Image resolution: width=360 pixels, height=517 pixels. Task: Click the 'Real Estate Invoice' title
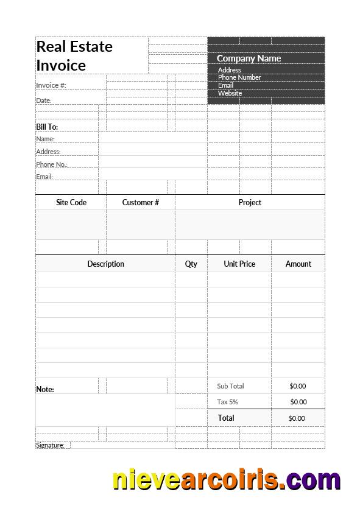(x=74, y=55)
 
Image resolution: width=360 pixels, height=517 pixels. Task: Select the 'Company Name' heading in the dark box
(x=249, y=58)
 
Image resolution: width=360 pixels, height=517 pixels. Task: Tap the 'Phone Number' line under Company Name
(x=239, y=77)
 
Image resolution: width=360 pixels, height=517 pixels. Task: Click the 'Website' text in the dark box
(x=230, y=93)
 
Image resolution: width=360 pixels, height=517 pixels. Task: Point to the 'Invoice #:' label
(x=51, y=85)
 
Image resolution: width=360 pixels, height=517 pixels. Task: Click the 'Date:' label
(x=44, y=100)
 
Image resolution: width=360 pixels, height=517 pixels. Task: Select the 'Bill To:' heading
(x=48, y=127)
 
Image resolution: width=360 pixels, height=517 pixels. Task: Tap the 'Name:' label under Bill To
(x=45, y=139)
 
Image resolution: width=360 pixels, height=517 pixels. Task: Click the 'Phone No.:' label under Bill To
(x=51, y=164)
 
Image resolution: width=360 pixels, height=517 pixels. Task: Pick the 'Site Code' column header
(x=71, y=202)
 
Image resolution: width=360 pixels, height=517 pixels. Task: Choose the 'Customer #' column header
(x=141, y=202)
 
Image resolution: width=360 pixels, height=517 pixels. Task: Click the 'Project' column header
(x=250, y=202)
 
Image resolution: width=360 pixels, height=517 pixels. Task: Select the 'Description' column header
(x=105, y=264)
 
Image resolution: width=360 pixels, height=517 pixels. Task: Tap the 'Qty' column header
(x=191, y=264)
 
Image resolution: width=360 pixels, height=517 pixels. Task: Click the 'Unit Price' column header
(x=239, y=264)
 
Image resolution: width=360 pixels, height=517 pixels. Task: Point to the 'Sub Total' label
(x=230, y=386)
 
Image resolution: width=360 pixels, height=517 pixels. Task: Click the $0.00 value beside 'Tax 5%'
(x=298, y=402)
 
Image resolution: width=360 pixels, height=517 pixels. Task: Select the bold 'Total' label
(x=226, y=418)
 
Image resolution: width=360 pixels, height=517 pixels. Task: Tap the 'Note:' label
(x=45, y=389)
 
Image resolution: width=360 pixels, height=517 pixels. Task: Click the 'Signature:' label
(x=50, y=445)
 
